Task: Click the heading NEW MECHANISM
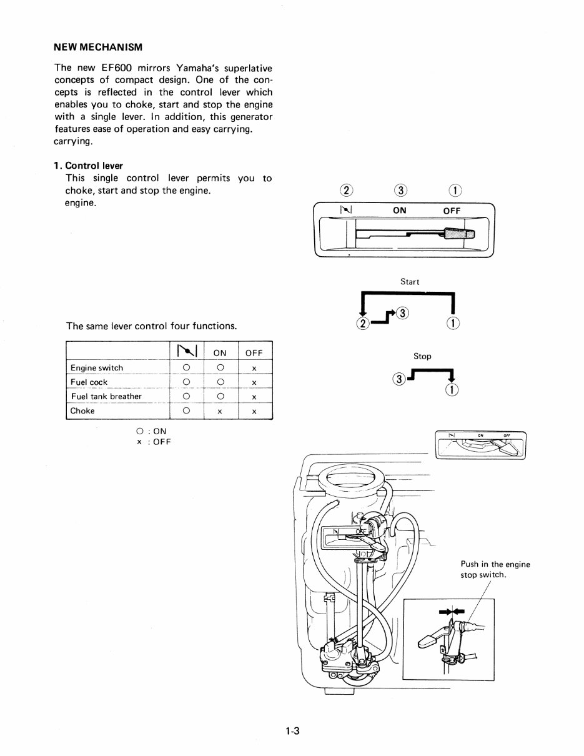[x=98, y=47]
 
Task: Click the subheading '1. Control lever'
[x=88, y=166]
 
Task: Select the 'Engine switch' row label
[x=97, y=368]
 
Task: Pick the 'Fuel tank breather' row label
[x=106, y=397]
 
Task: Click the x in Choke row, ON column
[x=220, y=412]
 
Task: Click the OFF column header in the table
[x=254, y=353]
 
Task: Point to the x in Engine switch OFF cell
[x=254, y=369]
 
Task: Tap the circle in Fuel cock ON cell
[x=220, y=382]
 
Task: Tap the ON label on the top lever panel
[x=400, y=211]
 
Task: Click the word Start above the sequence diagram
[x=410, y=282]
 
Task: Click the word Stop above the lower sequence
[x=422, y=356]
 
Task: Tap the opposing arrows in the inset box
[x=447, y=612]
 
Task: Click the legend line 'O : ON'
[x=151, y=431]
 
